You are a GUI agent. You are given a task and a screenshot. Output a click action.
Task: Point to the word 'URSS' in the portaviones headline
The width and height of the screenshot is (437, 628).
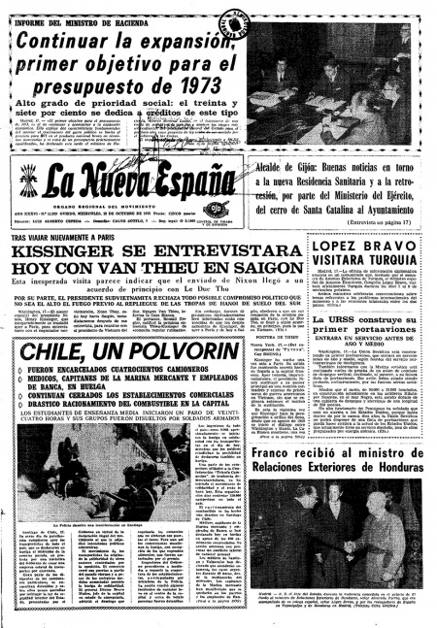click(327, 320)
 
